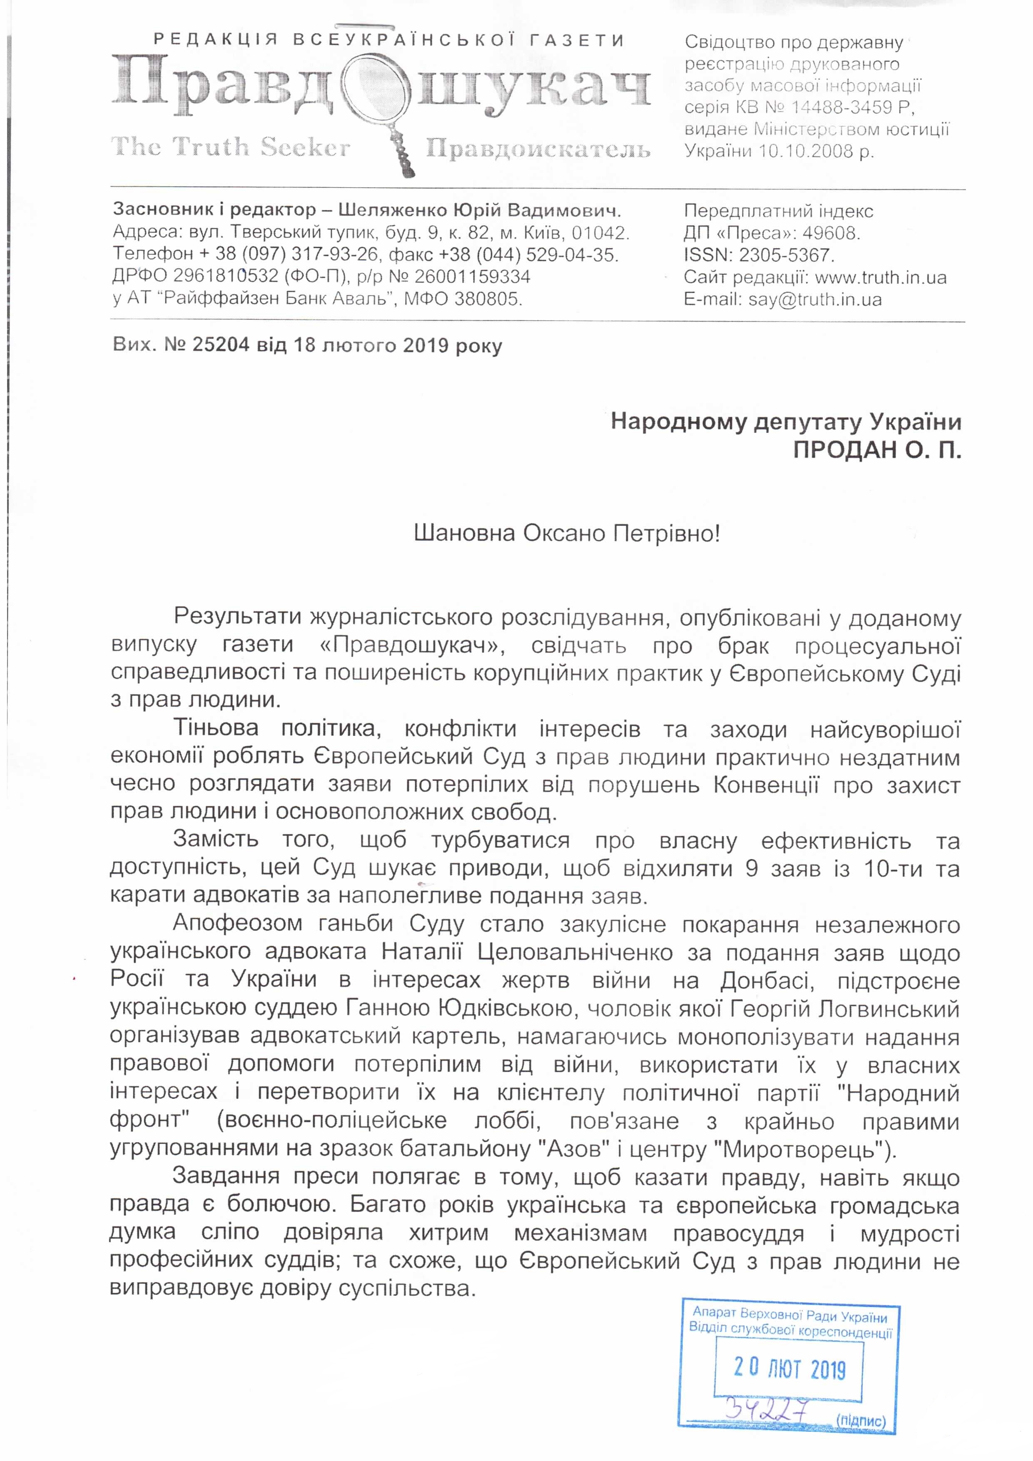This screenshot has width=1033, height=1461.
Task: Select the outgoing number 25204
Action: (221, 345)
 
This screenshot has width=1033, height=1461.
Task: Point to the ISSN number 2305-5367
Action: (785, 255)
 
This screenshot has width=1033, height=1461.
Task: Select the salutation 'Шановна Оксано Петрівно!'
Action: (566, 533)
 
